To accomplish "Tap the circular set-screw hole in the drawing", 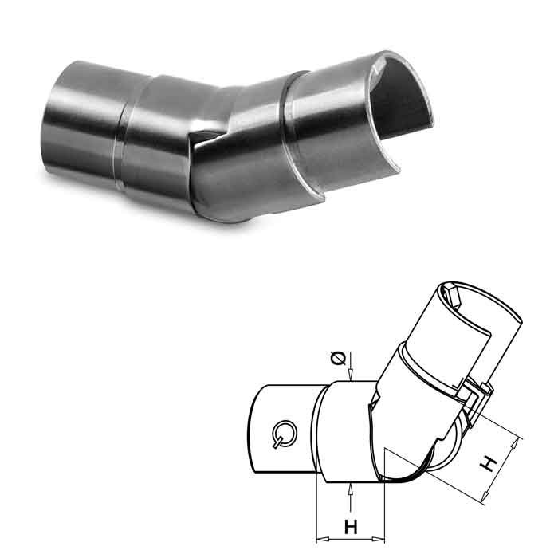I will pyautogui.click(x=283, y=434).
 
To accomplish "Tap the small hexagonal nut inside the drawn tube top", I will pyautogui.click(x=455, y=296).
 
